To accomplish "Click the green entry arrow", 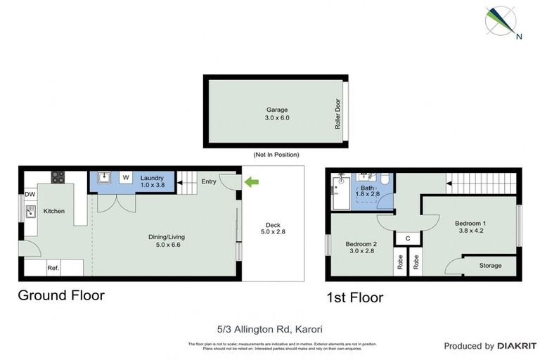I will click(x=251, y=183).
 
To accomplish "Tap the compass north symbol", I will click(x=504, y=22).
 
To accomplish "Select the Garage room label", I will click(x=277, y=110).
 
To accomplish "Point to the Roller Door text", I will click(x=337, y=112).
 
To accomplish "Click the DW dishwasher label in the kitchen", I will click(x=30, y=194).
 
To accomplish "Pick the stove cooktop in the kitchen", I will click(x=57, y=177).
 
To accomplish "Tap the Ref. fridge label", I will click(x=53, y=268).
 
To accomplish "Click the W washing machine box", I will click(x=127, y=178).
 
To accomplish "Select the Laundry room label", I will click(x=152, y=178).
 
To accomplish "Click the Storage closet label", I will click(x=491, y=265).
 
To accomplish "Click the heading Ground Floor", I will click(x=61, y=295).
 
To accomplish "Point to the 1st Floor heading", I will click(x=354, y=298).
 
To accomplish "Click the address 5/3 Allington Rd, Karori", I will click(x=270, y=328).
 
